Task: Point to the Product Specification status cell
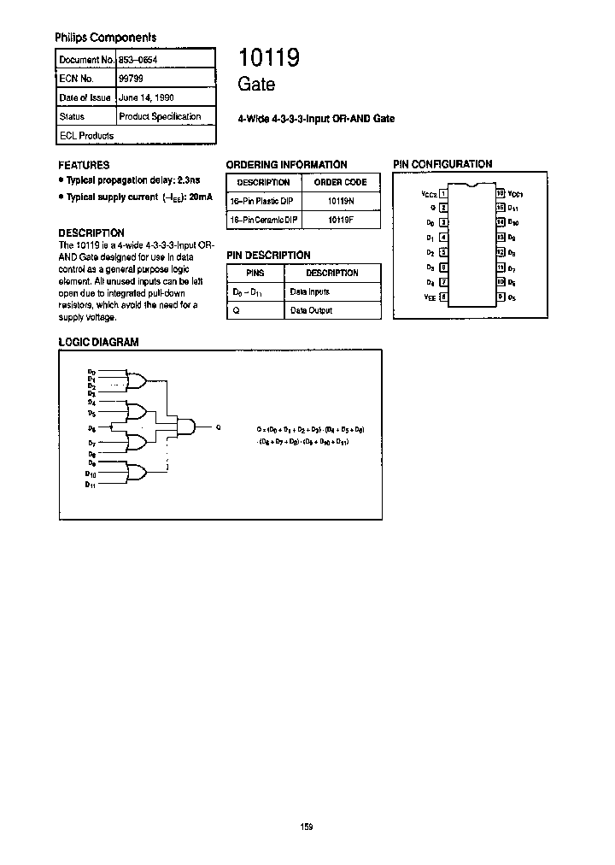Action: pyautogui.click(x=160, y=116)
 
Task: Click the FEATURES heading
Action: pyautogui.click(x=83, y=165)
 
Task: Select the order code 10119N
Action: pyautogui.click(x=340, y=201)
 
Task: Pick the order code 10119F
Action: pyautogui.click(x=340, y=220)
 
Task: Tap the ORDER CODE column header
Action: pyautogui.click(x=340, y=182)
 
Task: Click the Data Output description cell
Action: pyautogui.click(x=311, y=310)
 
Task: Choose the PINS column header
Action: pyautogui.click(x=255, y=273)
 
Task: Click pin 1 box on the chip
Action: pyautogui.click(x=443, y=194)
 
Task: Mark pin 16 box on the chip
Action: pyautogui.click(x=500, y=194)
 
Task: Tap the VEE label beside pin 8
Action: pyautogui.click(x=429, y=297)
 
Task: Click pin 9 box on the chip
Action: pyautogui.click(x=500, y=297)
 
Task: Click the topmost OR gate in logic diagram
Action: pyautogui.click(x=136, y=380)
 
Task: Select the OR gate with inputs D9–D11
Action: pyautogui.click(x=136, y=472)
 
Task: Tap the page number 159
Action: pyautogui.click(x=307, y=827)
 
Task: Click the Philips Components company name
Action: pyautogui.click(x=105, y=38)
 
